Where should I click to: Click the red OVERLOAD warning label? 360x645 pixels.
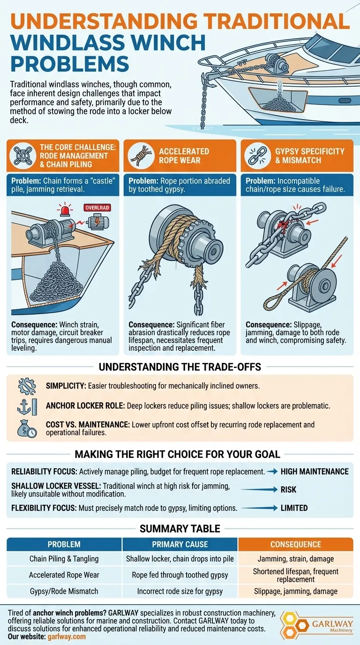click(x=97, y=208)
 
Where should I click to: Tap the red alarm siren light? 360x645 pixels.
click(x=65, y=210)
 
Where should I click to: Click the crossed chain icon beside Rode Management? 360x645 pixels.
click(x=23, y=156)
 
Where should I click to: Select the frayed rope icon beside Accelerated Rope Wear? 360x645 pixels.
click(x=141, y=156)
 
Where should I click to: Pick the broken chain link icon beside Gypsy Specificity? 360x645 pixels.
click(x=258, y=156)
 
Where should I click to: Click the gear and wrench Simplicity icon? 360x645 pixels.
click(x=27, y=386)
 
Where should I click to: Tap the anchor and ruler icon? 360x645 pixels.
click(x=27, y=406)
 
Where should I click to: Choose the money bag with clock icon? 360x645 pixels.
click(x=27, y=428)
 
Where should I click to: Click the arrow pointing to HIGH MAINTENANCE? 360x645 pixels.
click(x=272, y=472)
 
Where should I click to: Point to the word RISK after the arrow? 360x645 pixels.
click(x=288, y=489)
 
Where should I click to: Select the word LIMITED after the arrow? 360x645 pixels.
click(x=294, y=508)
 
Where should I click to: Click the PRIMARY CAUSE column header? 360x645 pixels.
click(x=180, y=545)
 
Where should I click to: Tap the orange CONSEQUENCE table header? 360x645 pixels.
click(x=295, y=545)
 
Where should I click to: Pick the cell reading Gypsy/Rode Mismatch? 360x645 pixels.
click(x=64, y=591)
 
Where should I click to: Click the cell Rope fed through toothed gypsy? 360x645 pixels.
click(x=180, y=575)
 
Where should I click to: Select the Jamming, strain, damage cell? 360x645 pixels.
click(x=295, y=559)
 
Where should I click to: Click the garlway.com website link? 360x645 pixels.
click(x=67, y=637)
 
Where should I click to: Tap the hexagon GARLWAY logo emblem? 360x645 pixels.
click(x=295, y=624)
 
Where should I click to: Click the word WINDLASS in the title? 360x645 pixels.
click(x=67, y=43)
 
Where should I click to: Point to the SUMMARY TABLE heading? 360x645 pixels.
click(x=180, y=529)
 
